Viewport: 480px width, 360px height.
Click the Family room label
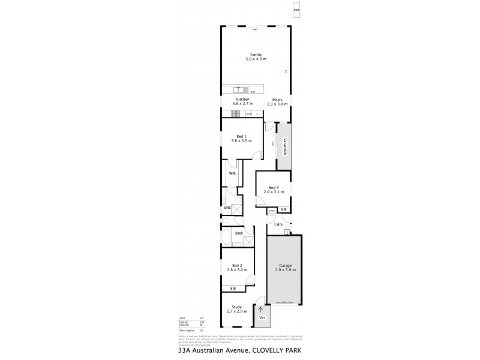(x=256, y=57)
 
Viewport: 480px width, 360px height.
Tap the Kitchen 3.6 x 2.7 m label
(x=242, y=101)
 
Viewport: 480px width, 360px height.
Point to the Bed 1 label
(x=242, y=138)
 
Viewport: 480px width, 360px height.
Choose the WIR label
(x=232, y=173)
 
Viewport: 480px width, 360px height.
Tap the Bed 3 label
(x=274, y=189)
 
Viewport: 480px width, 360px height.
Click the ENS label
(x=227, y=208)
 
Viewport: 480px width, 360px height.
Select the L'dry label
(x=278, y=224)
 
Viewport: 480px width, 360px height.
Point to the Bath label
(x=239, y=233)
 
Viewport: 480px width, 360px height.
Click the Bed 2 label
(x=237, y=268)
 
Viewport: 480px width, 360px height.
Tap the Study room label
(x=237, y=309)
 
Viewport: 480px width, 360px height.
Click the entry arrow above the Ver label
(x=261, y=310)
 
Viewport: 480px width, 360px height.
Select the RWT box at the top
(x=296, y=10)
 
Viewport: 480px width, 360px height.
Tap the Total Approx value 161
(x=202, y=331)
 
